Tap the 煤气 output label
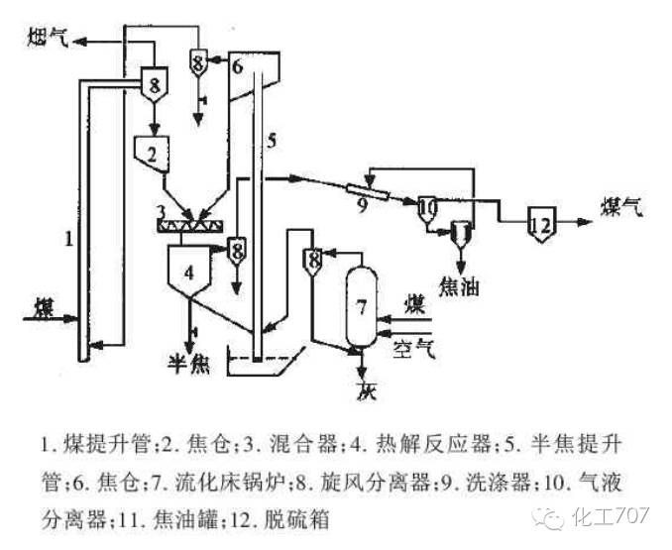[621, 208]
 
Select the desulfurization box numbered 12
[541, 223]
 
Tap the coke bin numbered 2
[152, 154]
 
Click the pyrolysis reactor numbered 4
[191, 268]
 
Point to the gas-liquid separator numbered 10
[427, 208]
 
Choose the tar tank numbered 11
[461, 232]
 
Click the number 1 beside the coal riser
[67, 238]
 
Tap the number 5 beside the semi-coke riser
[271, 140]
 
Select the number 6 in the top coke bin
[236, 68]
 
